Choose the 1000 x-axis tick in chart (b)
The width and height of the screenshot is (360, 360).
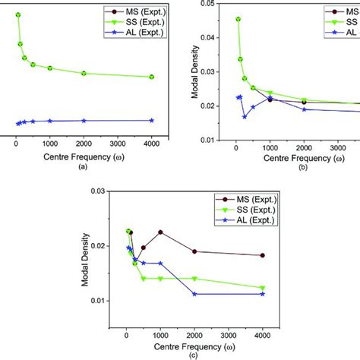pyautogui.click(x=270, y=148)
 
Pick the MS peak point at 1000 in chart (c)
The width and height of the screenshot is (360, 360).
pyautogui.click(x=160, y=232)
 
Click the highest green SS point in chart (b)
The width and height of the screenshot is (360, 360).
pyautogui.click(x=238, y=19)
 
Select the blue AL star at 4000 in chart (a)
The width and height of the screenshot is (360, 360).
pyautogui.click(x=152, y=120)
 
